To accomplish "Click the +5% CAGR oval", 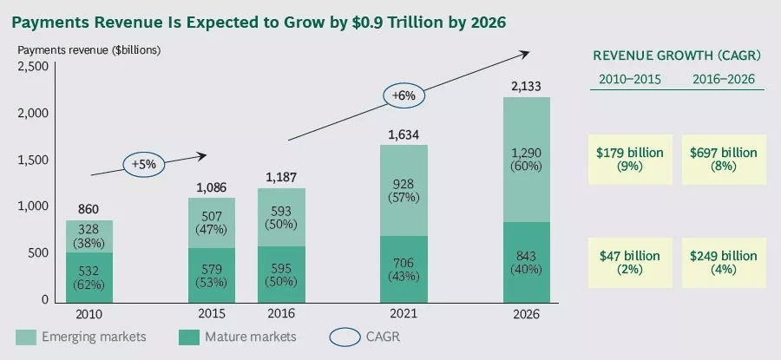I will click(x=144, y=164).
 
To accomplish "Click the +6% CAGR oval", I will click(x=403, y=95).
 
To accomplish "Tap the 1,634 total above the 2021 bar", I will click(x=405, y=134).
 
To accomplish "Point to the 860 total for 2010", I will click(x=89, y=209).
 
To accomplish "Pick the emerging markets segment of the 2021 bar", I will click(x=405, y=190).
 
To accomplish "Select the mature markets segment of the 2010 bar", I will click(x=89, y=277).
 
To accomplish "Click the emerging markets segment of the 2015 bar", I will click(x=211, y=223).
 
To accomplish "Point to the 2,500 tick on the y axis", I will click(x=35, y=67).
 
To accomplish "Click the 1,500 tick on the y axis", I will click(x=35, y=160).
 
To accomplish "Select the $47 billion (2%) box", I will click(x=631, y=263).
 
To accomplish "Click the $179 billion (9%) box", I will click(x=631, y=160).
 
